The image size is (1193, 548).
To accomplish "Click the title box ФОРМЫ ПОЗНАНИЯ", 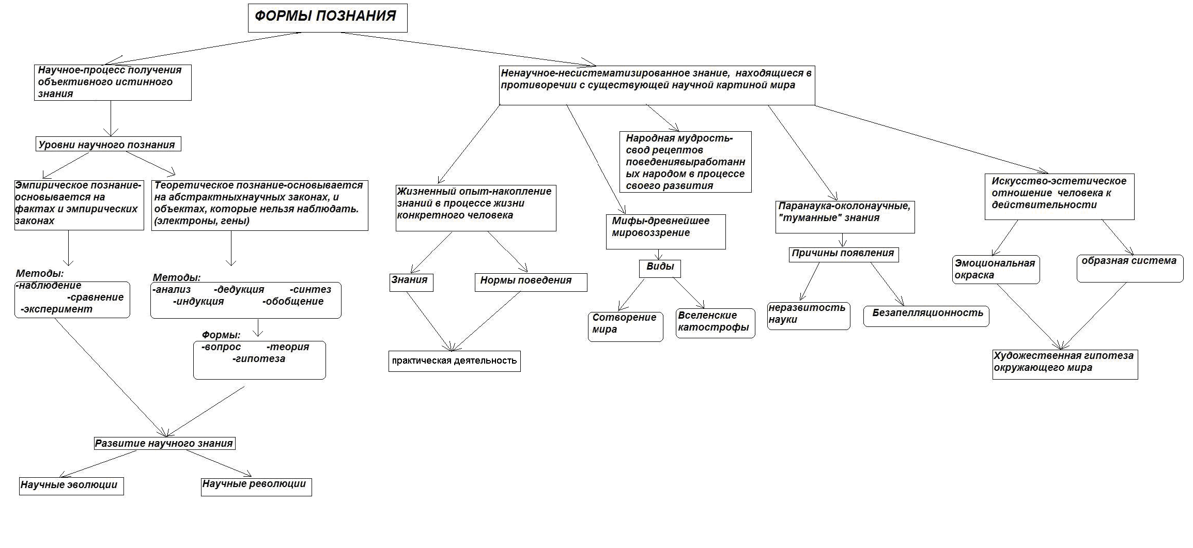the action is click(x=328, y=19).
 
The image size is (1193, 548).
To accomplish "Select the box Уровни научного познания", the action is click(x=108, y=144).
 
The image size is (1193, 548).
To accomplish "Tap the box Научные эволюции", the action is click(x=71, y=486).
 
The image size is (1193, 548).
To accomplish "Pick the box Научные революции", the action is click(x=256, y=486).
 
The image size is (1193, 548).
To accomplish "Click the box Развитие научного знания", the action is click(x=165, y=443).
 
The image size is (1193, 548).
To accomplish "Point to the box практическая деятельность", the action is click(x=455, y=361).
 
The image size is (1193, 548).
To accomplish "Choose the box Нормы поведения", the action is click(x=531, y=282).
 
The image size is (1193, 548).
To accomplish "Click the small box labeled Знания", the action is click(x=411, y=282).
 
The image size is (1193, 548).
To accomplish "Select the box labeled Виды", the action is click(x=660, y=268).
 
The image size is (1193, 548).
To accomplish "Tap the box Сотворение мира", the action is click(x=625, y=326).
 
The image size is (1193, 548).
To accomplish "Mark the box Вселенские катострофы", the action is click(x=716, y=323).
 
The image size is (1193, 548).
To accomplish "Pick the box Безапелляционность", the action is click(x=926, y=316).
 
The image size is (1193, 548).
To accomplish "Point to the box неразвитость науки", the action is click(x=809, y=316).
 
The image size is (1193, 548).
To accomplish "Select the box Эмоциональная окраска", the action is click(x=996, y=270).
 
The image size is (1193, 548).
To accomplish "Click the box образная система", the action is click(x=1130, y=268).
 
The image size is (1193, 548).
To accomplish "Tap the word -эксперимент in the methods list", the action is click(x=56, y=309).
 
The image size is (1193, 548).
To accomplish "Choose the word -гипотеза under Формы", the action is click(x=258, y=359).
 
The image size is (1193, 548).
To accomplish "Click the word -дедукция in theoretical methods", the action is click(x=239, y=290).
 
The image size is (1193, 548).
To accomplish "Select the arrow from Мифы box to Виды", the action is click(x=659, y=254).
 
